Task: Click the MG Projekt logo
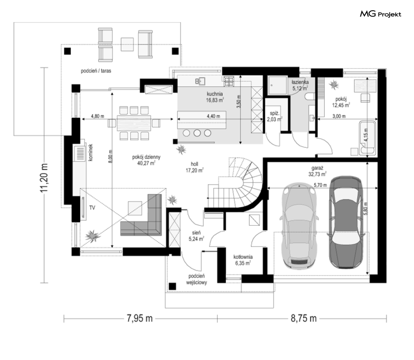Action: tap(380, 14)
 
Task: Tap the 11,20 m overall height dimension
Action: tap(44, 178)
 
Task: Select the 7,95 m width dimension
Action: tap(140, 318)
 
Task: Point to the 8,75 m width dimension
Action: tap(304, 318)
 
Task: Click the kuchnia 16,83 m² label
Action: tap(215, 97)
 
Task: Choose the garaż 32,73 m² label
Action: tap(317, 171)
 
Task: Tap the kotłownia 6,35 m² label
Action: tap(243, 260)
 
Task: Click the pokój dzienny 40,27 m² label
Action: tap(146, 160)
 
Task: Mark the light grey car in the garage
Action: tap(299, 226)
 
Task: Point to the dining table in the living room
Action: tap(134, 123)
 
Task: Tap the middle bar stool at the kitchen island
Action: tap(197, 133)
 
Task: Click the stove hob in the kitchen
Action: tap(229, 81)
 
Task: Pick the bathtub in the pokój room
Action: tap(367, 138)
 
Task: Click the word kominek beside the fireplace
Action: tap(91, 152)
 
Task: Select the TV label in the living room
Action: tap(92, 208)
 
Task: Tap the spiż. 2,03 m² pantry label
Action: tap(274, 116)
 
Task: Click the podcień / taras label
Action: tap(96, 71)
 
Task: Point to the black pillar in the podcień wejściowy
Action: tap(172, 286)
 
